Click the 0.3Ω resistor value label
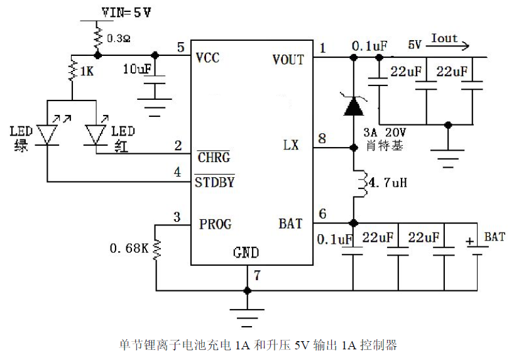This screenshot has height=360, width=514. tap(119, 38)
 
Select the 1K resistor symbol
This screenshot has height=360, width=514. tap(72, 70)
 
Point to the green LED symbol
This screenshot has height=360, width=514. tap(48, 133)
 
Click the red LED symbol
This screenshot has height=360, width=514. tap(96, 134)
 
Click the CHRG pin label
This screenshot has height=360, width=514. tap(212, 156)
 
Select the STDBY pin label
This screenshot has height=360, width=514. tap(214, 183)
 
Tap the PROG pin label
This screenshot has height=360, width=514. tap(215, 224)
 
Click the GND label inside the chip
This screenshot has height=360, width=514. tap(246, 253)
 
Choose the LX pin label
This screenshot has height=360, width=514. tap(291, 145)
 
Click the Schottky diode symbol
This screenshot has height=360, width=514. tap(354, 106)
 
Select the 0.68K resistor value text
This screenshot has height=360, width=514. tap(129, 249)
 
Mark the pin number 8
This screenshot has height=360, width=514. tap(322, 138)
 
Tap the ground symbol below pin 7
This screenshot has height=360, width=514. tap(247, 314)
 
